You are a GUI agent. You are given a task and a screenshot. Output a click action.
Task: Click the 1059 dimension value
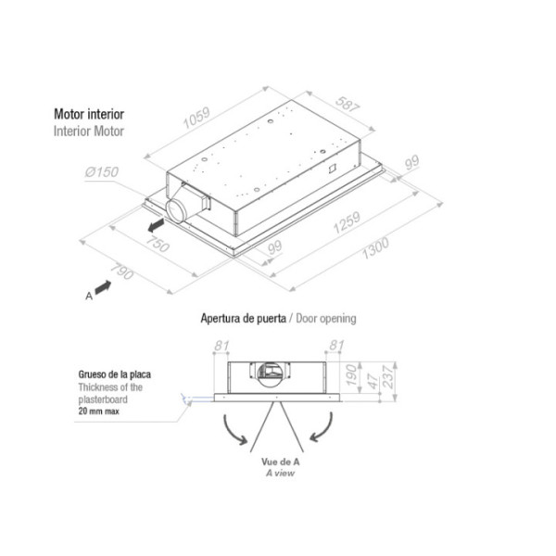(x=196, y=118)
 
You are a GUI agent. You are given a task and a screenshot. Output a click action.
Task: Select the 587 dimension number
(x=347, y=104)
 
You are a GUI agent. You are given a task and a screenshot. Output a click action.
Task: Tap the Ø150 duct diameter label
(x=101, y=172)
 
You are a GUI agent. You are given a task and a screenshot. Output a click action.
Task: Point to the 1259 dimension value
(x=347, y=222)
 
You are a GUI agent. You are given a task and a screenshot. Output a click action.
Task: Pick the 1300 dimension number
(x=375, y=248)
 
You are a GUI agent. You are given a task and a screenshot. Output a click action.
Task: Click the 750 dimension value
(x=158, y=244)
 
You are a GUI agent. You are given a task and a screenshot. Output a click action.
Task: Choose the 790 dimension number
(x=121, y=272)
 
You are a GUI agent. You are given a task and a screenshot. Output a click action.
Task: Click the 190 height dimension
(x=351, y=374)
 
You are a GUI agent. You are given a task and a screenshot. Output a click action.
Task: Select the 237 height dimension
(x=388, y=377)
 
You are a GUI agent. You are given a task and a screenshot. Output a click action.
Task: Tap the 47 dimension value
(x=373, y=381)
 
